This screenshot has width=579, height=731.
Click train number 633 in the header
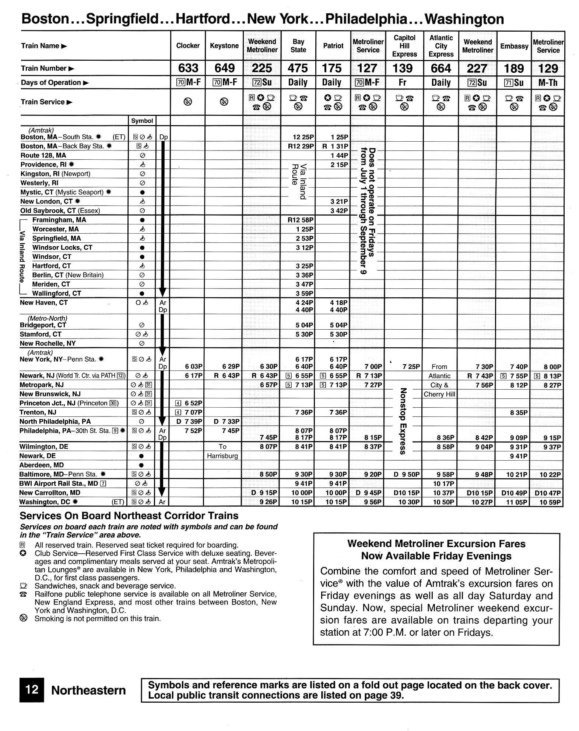(x=188, y=68)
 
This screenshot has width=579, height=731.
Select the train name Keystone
(x=224, y=46)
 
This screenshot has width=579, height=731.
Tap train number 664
(x=441, y=68)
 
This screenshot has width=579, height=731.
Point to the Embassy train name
(x=514, y=46)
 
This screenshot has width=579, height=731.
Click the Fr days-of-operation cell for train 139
(x=403, y=82)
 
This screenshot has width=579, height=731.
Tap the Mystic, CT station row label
(x=62, y=192)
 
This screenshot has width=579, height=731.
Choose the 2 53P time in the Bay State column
(x=304, y=238)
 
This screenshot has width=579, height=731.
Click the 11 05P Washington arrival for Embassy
(x=517, y=502)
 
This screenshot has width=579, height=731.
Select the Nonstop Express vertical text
(x=403, y=421)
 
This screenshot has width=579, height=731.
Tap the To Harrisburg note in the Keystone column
(x=222, y=451)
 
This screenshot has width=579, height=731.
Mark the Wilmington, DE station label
(x=44, y=447)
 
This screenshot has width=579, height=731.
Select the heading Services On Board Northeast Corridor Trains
(x=129, y=515)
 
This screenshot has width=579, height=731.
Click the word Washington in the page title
(x=464, y=19)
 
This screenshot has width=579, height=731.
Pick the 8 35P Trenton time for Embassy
(x=519, y=413)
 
